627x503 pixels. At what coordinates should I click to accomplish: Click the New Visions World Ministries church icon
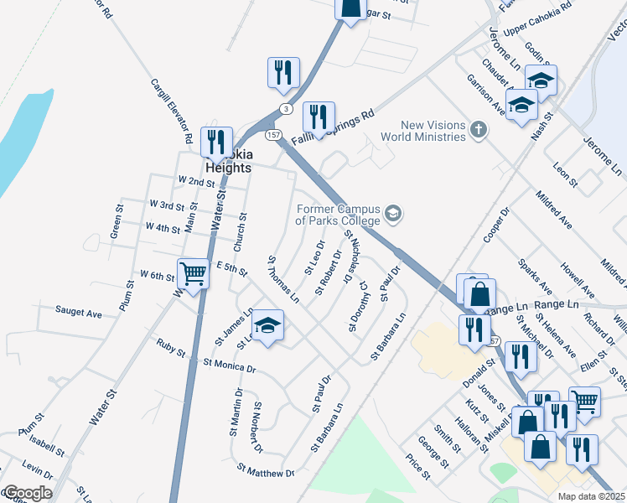click(479, 129)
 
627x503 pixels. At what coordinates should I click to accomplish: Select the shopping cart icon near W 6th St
click(194, 273)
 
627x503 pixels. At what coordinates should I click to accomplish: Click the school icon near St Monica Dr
click(267, 326)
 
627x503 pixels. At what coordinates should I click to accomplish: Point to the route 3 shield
click(287, 108)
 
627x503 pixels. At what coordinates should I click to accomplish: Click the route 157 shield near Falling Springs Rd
click(272, 135)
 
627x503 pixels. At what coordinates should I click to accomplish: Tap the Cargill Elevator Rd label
click(173, 110)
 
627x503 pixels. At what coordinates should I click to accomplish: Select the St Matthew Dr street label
click(266, 472)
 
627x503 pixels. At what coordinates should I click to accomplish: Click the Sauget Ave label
click(79, 313)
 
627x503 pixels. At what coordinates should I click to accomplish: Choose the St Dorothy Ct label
click(359, 306)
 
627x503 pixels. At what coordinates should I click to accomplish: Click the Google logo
click(27, 493)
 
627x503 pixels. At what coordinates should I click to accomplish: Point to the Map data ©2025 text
click(591, 496)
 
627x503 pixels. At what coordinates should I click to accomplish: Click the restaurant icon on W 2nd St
click(218, 143)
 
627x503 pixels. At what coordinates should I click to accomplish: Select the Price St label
click(417, 467)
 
